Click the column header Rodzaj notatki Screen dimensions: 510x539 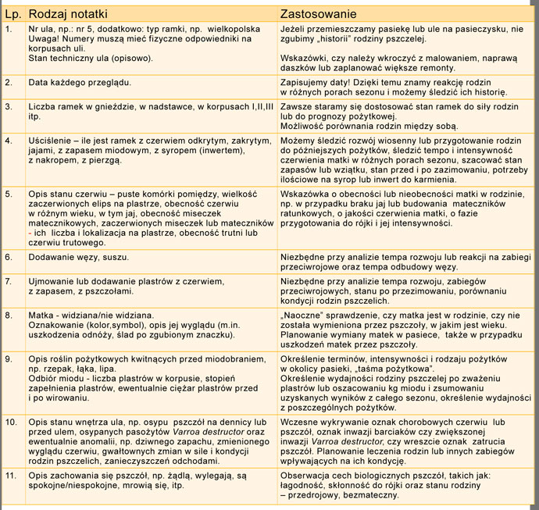67,14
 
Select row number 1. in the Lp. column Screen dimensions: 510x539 9,27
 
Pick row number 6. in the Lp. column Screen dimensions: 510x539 9,255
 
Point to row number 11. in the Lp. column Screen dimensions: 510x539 11,474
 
